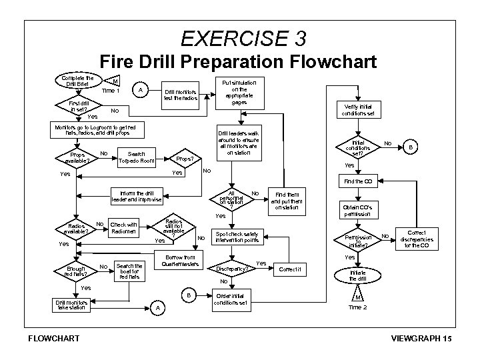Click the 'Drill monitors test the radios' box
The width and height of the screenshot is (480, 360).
pyautogui.click(x=182, y=95)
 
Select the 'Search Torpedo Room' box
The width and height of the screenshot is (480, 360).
pyautogui.click(x=136, y=157)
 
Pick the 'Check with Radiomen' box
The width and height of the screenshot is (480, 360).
pyautogui.click(x=123, y=228)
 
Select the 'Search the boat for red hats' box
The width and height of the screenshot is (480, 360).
pyautogui.click(x=129, y=271)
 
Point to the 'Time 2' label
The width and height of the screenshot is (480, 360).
pyautogui.click(x=359, y=307)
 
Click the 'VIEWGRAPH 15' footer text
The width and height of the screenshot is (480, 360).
pyautogui.click(x=423, y=339)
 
